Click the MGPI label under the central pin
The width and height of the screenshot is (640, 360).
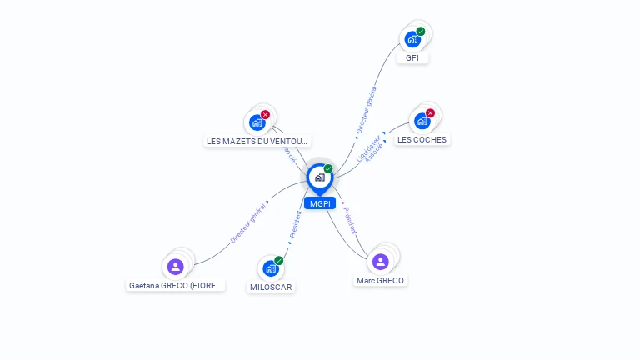(x=320, y=203)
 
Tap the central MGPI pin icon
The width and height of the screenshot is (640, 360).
(x=320, y=177)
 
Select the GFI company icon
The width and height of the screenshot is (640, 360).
(x=412, y=38)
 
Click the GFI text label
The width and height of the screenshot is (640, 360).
(x=412, y=58)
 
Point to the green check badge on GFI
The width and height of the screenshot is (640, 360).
(x=421, y=32)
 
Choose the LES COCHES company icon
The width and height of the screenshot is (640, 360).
(x=422, y=121)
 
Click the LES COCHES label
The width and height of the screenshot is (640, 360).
(x=422, y=140)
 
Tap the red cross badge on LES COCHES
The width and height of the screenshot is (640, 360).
(x=430, y=113)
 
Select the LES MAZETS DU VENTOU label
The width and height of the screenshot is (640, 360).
(x=257, y=142)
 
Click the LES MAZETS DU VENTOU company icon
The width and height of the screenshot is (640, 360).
(x=257, y=122)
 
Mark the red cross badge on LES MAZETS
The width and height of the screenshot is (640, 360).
(x=265, y=115)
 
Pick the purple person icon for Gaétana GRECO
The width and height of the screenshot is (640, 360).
(x=175, y=267)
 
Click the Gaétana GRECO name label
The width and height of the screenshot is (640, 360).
(x=176, y=285)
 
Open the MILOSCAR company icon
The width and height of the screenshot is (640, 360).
(x=270, y=267)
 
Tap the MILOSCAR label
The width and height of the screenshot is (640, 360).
(x=272, y=287)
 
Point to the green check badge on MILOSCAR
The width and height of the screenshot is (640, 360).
(x=278, y=261)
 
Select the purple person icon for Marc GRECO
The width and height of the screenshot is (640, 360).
(x=381, y=262)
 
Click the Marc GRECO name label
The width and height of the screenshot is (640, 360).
(x=380, y=281)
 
